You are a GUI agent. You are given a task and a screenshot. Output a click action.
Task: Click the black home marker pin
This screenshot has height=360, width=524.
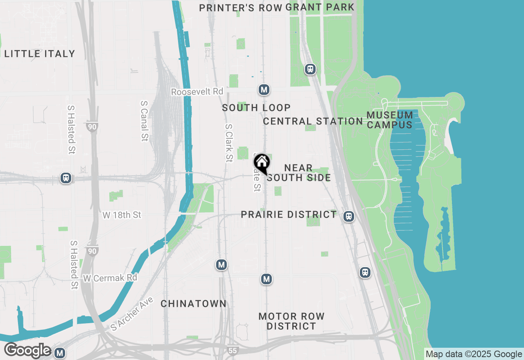[262, 164]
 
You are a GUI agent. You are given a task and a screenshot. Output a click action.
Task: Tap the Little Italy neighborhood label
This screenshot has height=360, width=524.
[40, 54]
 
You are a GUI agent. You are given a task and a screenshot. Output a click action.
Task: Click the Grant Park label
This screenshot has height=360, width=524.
[320, 7]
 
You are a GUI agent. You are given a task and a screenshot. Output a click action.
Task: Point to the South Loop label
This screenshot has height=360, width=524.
[256, 108]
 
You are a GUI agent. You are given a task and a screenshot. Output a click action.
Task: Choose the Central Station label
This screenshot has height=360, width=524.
[313, 121]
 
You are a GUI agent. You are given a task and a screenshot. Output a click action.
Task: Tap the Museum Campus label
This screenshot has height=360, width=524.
[390, 119]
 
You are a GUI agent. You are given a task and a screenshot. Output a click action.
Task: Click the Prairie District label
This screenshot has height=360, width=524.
[289, 214]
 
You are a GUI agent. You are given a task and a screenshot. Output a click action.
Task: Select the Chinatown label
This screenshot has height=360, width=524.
[193, 304]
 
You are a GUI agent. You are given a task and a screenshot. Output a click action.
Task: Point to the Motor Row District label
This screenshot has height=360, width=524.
[291, 321]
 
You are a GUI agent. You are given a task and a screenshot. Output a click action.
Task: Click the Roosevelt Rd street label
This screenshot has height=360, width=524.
[197, 92]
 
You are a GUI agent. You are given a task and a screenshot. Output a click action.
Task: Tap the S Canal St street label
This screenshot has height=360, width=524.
[144, 121]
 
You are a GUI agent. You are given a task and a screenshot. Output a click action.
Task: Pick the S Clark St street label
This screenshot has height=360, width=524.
[228, 143]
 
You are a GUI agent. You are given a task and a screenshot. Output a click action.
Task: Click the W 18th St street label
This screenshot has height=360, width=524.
[122, 215]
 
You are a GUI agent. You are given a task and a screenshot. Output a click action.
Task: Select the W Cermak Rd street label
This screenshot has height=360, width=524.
[110, 278]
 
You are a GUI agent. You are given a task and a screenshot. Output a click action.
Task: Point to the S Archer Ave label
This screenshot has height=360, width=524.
[132, 314]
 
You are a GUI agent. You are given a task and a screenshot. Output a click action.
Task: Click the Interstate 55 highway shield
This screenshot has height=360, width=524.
[233, 350]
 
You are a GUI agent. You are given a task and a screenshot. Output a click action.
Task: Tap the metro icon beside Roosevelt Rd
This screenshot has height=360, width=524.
[264, 90]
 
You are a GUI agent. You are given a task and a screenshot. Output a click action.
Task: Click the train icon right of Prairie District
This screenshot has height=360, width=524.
[349, 216]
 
